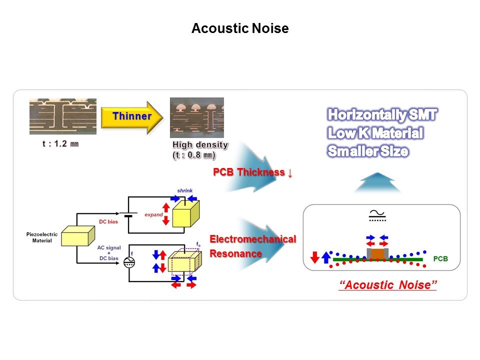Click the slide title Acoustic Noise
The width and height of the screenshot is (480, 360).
[x=240, y=28]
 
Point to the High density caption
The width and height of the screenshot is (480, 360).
[x=200, y=145]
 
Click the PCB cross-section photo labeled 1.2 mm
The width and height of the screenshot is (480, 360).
[x=63, y=116]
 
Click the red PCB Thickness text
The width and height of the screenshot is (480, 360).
[x=252, y=172]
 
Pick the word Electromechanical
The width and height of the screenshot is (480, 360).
[x=252, y=239]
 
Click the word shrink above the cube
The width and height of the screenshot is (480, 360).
[x=184, y=190]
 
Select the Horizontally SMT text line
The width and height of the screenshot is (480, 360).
[x=382, y=115]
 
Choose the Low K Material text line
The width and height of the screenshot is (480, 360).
[x=375, y=133]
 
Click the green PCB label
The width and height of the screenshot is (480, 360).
[x=440, y=259]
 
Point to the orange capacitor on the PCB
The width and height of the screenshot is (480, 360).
[x=378, y=253]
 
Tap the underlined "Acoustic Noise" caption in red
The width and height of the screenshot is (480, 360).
[x=388, y=285]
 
